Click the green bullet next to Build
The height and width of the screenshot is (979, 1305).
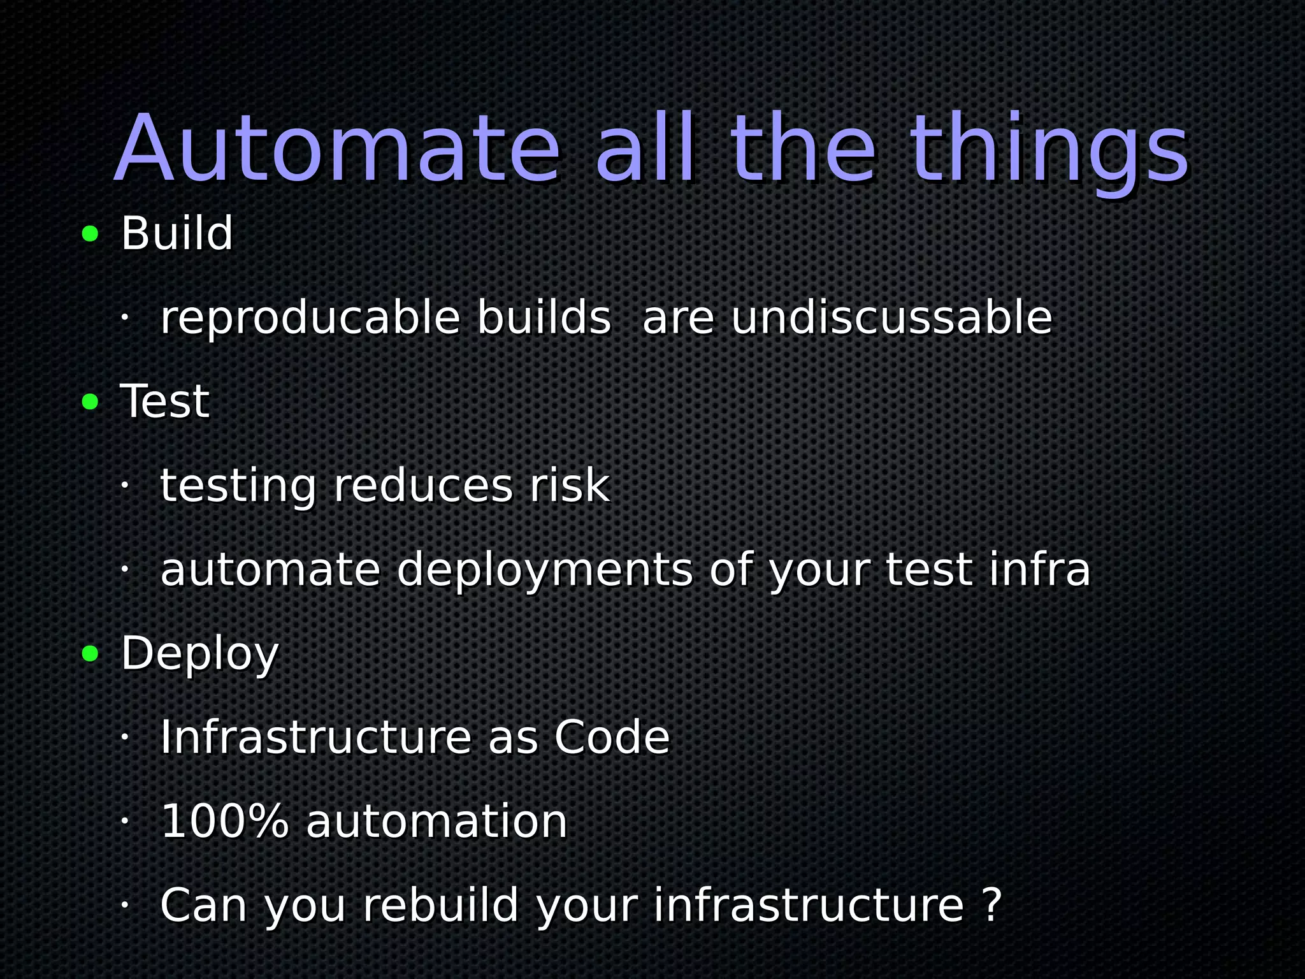coord(90,234)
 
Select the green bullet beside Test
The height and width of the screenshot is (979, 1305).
coord(90,402)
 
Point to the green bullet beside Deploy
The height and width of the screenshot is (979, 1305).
coord(90,653)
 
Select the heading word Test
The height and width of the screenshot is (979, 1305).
coord(164,401)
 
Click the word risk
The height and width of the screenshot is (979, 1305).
coord(570,485)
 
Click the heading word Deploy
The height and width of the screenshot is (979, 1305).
coord(199,655)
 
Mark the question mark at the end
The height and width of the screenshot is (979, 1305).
coord(992,904)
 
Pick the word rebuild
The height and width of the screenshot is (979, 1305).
coord(440,904)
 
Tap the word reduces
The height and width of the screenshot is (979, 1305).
coord(423,485)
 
